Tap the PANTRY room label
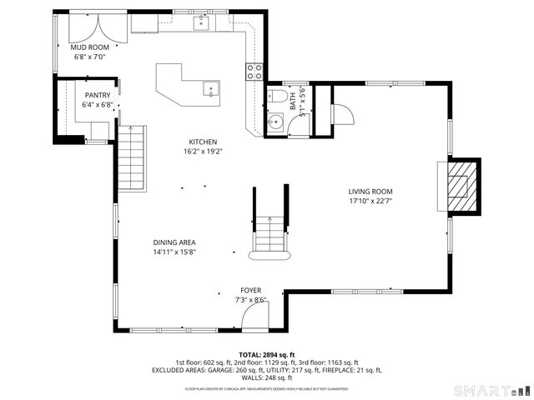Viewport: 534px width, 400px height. (98, 96)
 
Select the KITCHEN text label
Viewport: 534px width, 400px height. (203, 142)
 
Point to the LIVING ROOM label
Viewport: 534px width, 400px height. (370, 191)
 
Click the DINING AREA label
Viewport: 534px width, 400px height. (174, 242)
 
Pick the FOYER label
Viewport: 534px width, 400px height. (250, 290)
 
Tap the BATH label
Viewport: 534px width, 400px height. (293, 101)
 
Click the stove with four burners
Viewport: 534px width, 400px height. (254, 71)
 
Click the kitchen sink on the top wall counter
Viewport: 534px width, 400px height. (203, 23)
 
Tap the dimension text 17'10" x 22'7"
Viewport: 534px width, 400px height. (370, 201)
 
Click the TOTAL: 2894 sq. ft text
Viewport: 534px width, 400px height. (266, 354)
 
